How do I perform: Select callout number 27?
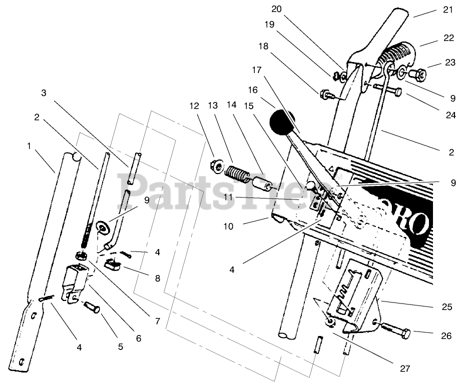[404, 369]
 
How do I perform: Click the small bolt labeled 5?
[93, 306]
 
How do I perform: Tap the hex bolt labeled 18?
[322, 92]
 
